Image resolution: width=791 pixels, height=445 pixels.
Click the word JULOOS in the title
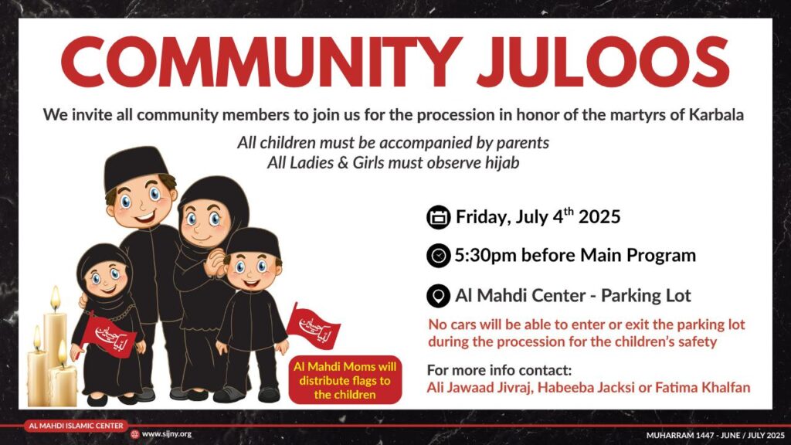click(603, 62)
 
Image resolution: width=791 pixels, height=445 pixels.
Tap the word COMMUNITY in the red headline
click(261, 62)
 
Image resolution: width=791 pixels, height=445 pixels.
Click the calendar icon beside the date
click(439, 217)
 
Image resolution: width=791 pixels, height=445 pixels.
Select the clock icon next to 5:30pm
click(439, 256)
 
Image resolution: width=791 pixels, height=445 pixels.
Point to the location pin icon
click(439, 296)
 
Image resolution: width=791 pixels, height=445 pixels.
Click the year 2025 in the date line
click(599, 217)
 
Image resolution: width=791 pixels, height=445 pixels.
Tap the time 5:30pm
click(485, 256)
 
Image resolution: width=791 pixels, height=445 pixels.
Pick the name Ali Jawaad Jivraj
click(479, 388)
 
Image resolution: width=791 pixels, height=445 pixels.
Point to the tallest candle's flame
click(55, 298)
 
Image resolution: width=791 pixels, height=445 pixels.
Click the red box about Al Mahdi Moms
click(345, 380)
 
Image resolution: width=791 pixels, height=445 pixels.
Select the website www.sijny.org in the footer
click(167, 434)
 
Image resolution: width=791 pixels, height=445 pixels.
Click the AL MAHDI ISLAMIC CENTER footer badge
click(76, 426)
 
